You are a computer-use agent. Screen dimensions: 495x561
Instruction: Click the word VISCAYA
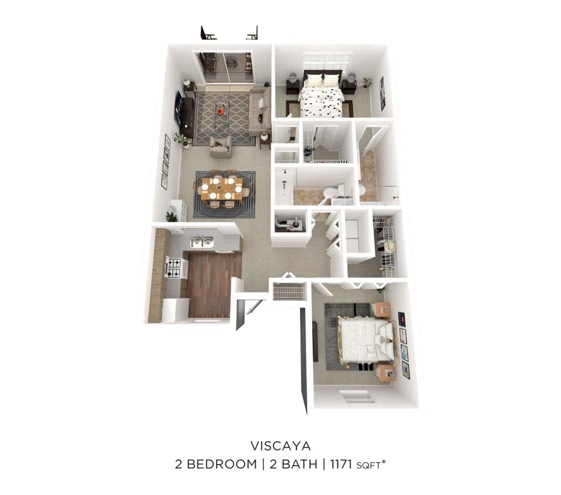[280, 445]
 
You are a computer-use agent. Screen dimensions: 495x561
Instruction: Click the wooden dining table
[221, 189]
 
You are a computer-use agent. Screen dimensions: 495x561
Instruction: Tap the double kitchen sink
[201, 242]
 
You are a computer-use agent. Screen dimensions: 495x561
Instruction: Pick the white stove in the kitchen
[175, 267]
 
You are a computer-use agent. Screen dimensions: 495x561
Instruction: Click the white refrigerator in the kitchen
[174, 310]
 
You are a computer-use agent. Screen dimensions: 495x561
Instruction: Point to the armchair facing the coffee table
[221, 146]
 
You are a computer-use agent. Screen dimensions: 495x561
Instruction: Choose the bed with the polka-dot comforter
[322, 96]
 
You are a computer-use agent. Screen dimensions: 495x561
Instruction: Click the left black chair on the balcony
[206, 33]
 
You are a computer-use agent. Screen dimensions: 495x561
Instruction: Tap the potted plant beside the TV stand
[183, 140]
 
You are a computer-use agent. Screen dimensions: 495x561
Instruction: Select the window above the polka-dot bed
[327, 61]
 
